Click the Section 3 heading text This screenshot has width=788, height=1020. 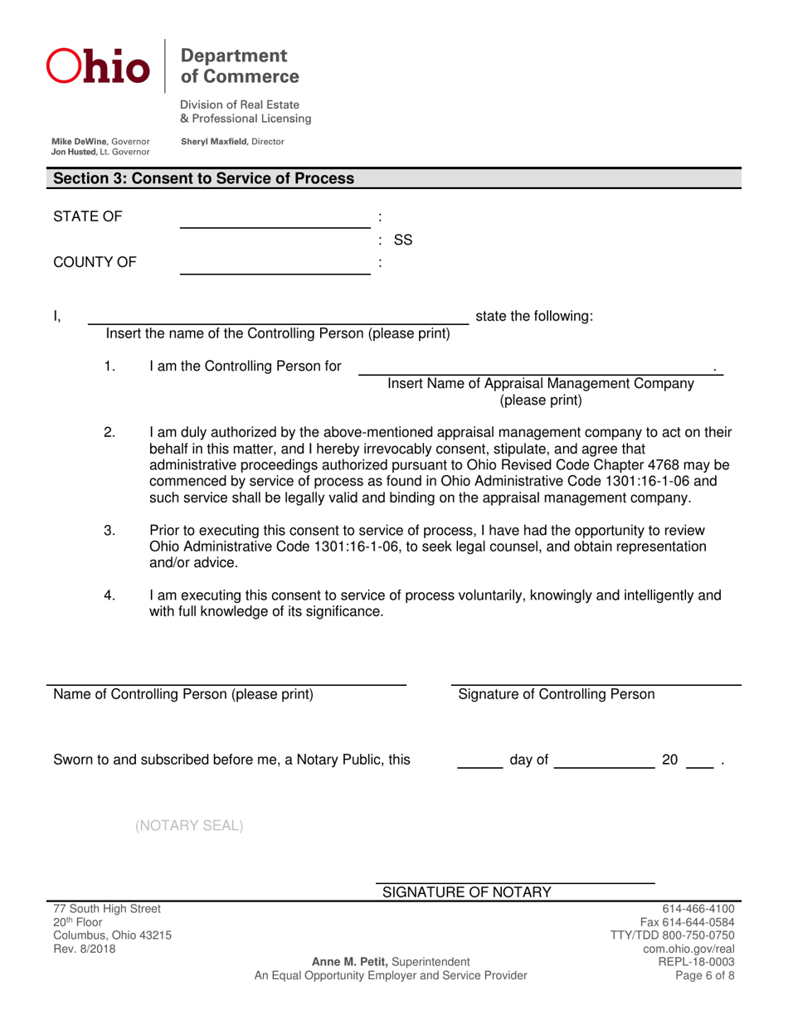(204, 178)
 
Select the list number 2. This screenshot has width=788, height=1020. (109, 433)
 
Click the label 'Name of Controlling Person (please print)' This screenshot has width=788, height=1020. (183, 694)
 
